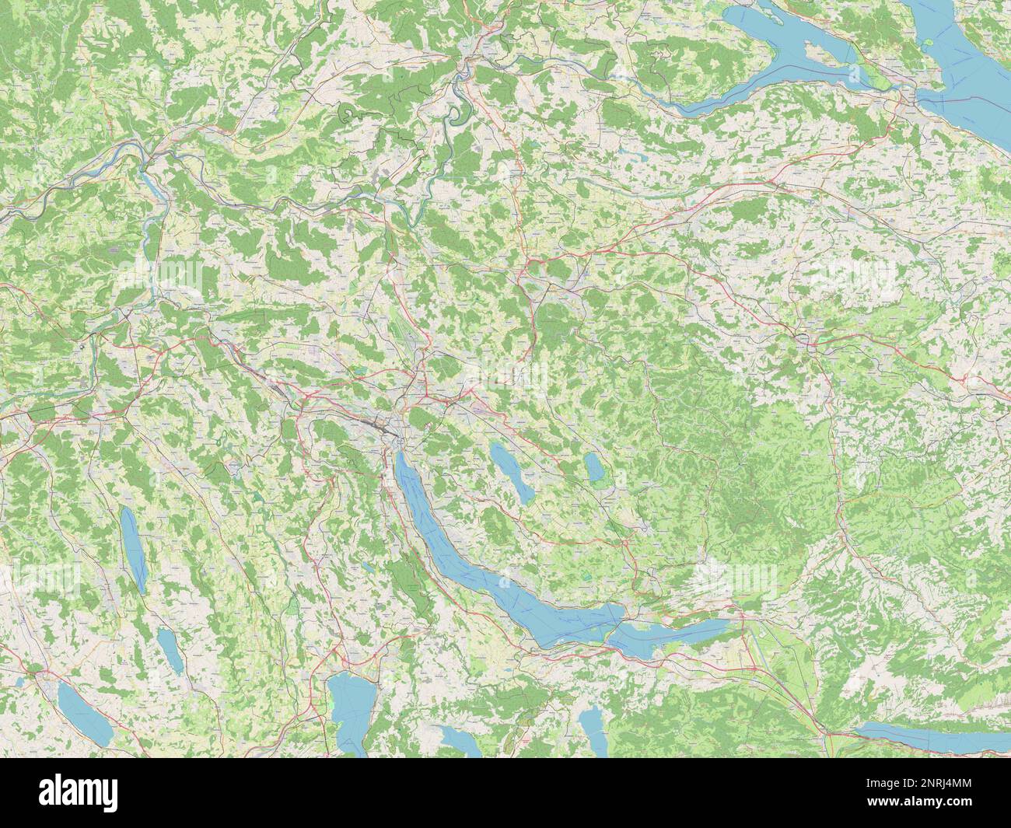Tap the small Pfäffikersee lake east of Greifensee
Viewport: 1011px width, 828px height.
tap(594, 467)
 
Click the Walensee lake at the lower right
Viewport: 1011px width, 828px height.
tap(925, 735)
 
